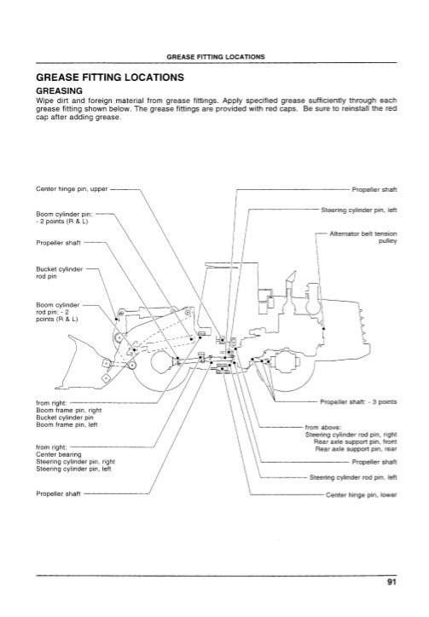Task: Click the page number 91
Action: tap(391, 582)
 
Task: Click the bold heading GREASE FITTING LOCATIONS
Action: tap(110, 77)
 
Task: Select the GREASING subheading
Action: tap(59, 91)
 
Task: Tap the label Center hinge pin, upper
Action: tap(72, 189)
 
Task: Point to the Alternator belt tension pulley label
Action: tap(362, 237)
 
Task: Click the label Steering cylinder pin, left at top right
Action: tap(359, 210)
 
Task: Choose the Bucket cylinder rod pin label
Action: tap(59, 273)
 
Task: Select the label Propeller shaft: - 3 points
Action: tap(358, 401)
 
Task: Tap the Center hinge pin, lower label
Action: tap(362, 494)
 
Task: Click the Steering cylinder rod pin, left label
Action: tap(353, 477)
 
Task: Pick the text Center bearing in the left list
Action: tap(59, 454)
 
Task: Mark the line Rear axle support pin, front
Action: tap(356, 442)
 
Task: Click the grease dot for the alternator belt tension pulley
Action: tap(323, 328)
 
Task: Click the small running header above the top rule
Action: tap(216, 56)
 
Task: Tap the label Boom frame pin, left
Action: tap(67, 424)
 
